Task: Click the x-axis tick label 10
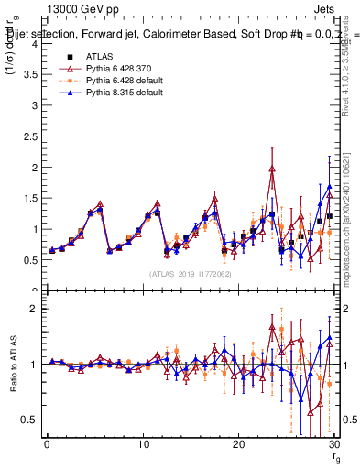[x=142, y=443]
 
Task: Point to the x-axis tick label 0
[x=47, y=443]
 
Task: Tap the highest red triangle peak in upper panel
[x=272, y=169]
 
